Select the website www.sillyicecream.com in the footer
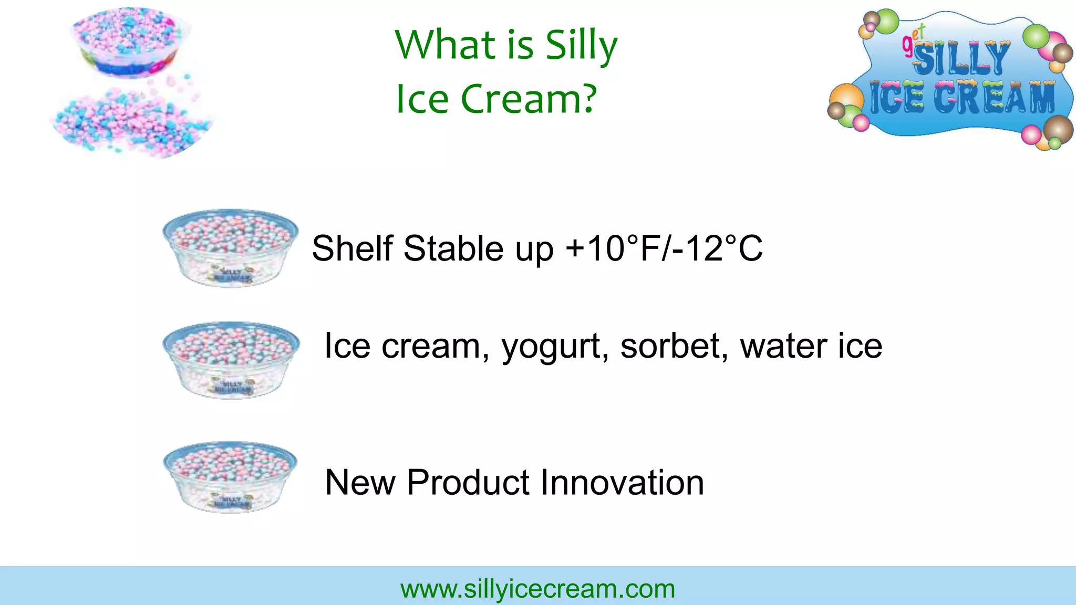pos(537,589)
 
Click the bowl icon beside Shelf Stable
pos(230,248)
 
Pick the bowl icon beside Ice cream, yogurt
pos(231,360)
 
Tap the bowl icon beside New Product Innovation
pos(230,477)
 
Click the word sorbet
pos(674,346)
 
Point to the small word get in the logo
pos(913,40)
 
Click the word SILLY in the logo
pos(961,58)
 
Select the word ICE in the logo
pos(896,98)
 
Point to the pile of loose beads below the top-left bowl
pos(131,123)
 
